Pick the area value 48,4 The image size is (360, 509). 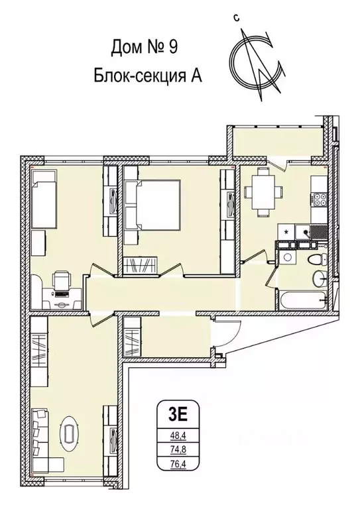(178, 436)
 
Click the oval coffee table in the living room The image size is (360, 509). (69, 435)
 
